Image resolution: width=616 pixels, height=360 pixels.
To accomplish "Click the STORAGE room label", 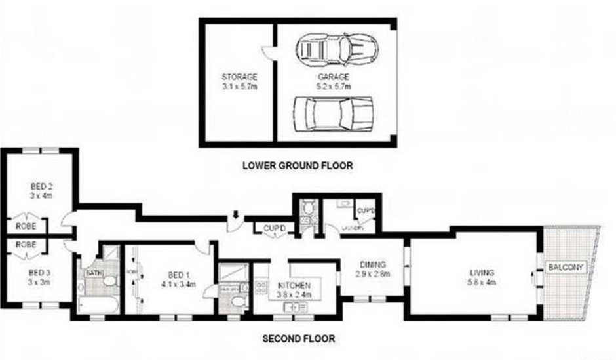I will pyautogui.click(x=239, y=77).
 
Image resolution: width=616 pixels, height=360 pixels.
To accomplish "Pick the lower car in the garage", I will pyautogui.click(x=333, y=113).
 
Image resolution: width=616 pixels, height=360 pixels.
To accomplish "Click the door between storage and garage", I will pyautogui.click(x=267, y=53).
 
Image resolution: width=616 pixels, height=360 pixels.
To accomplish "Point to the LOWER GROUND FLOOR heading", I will pyautogui.click(x=298, y=166).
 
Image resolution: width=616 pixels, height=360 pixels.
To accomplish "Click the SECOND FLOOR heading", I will pyautogui.click(x=298, y=339).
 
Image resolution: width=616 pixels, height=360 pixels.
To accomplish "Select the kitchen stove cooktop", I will pyautogui.click(x=260, y=287).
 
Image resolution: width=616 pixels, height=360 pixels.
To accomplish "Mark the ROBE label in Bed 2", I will pyautogui.click(x=26, y=226).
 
